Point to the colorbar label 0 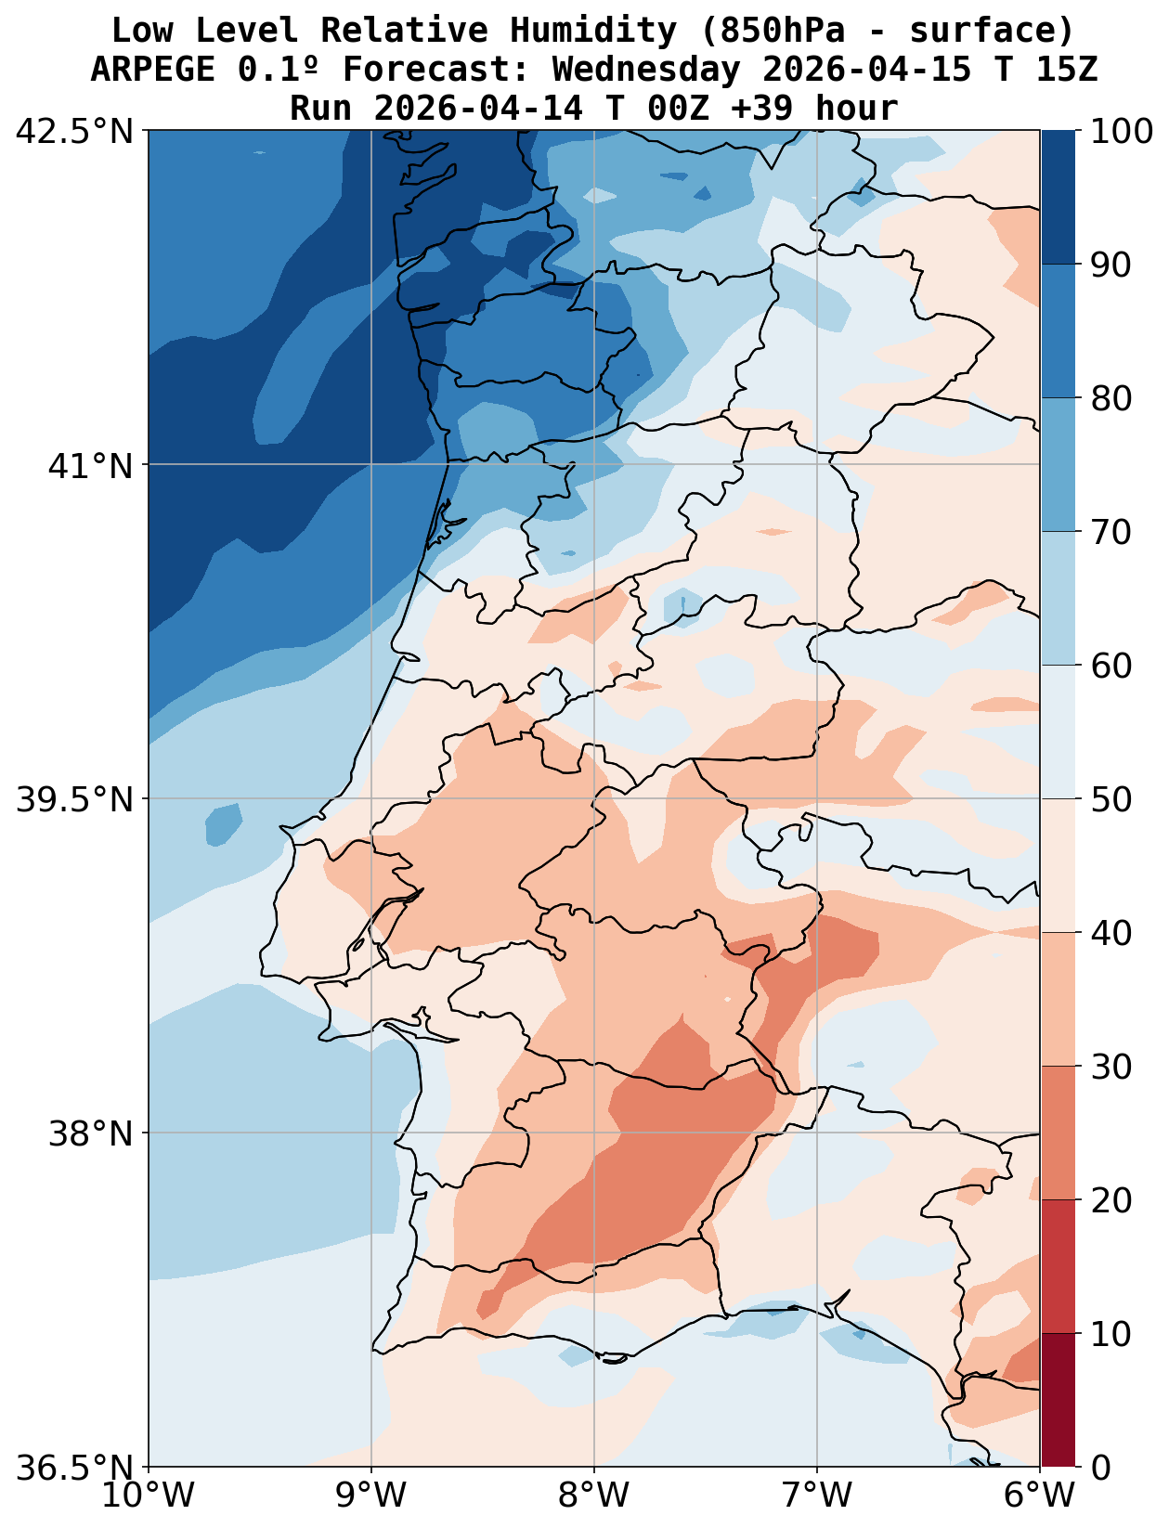click(1101, 1468)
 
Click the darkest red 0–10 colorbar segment click(1058, 1401)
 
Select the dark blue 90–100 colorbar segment click(1058, 198)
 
